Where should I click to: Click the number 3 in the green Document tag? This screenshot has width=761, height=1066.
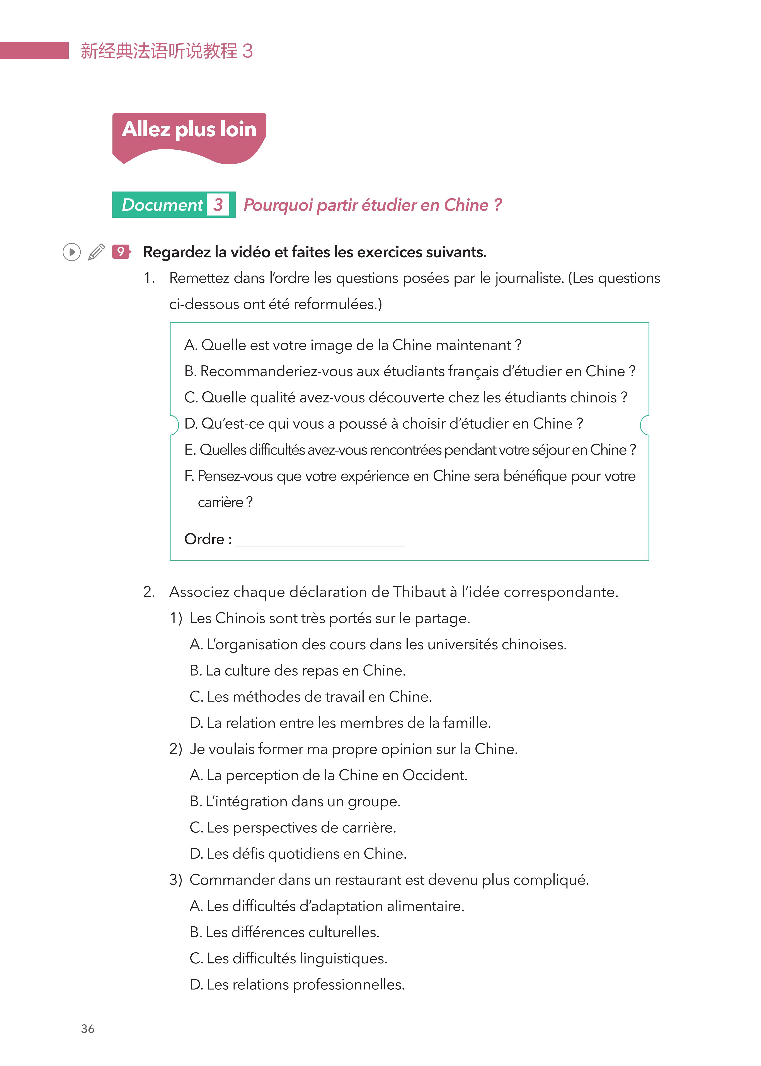pos(218,205)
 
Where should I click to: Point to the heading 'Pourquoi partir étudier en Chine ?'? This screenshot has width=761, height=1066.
pos(373,205)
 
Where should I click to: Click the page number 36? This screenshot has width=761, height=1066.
pos(88,1028)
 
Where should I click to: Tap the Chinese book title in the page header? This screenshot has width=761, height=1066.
pos(166,51)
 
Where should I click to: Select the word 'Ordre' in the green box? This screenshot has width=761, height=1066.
pos(204,539)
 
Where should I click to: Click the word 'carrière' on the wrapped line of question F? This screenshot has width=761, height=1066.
pos(220,502)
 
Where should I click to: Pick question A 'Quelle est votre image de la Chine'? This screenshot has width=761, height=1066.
pos(352,345)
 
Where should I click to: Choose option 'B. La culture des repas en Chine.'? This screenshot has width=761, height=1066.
pos(298,670)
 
